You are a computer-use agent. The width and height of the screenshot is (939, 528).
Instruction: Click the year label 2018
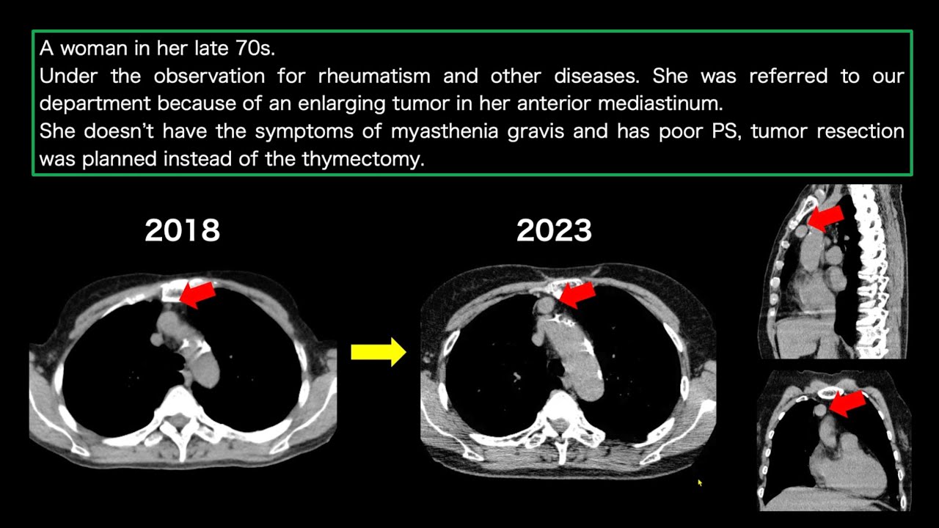point(182,230)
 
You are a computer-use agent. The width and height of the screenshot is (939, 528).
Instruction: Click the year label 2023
point(554,230)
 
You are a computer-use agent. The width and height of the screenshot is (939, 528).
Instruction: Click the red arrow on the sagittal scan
point(825,217)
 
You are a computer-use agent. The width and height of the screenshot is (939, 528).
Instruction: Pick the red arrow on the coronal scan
point(847,403)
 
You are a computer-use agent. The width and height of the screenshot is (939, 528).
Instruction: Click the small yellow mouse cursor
point(699,483)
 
